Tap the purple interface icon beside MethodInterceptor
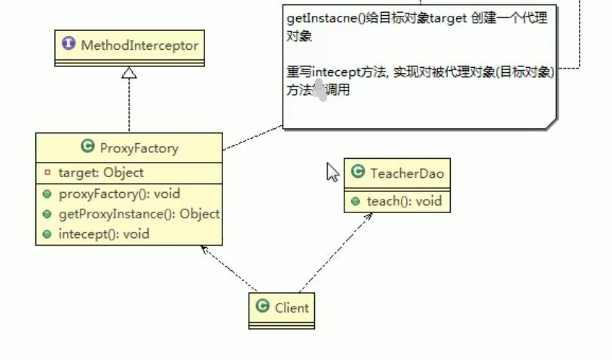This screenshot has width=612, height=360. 70,44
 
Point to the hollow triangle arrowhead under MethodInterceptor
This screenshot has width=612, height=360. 130,72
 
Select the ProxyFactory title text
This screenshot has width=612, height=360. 139,148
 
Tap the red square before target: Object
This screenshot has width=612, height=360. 47,172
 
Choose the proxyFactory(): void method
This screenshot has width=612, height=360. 119,194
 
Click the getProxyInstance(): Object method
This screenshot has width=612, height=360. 138,214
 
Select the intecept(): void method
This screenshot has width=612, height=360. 103,234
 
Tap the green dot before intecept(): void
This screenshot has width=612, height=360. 47,234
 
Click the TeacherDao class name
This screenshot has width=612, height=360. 407,173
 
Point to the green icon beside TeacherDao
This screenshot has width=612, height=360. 358,173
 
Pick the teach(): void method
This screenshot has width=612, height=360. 403,201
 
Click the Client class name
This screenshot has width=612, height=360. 292,307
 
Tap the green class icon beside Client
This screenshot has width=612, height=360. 262,306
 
